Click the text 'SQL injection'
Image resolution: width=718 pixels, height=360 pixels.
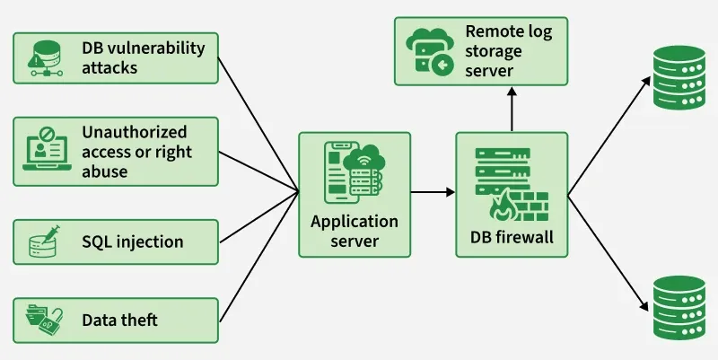[x=133, y=241]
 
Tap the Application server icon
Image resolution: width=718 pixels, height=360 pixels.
[x=354, y=175]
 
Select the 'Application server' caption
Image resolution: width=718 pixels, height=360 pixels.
[x=354, y=231]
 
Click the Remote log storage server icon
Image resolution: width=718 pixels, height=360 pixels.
[x=428, y=50]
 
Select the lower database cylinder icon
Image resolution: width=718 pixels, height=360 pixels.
[x=678, y=306]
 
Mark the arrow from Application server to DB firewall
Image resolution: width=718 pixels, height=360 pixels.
[x=433, y=191]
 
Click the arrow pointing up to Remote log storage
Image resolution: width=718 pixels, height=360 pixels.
[x=511, y=110]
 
